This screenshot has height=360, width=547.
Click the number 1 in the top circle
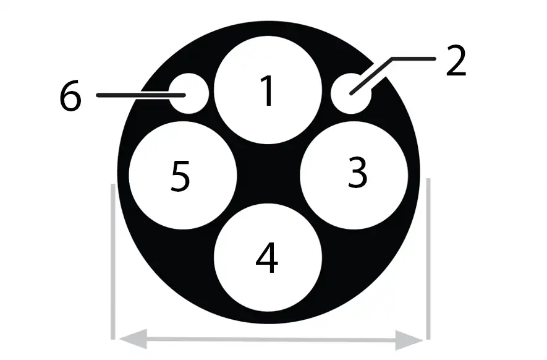(268, 91)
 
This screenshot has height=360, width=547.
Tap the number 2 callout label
(456, 61)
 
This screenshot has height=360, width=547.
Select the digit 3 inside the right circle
(358, 173)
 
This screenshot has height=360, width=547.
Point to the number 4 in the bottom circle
(267, 258)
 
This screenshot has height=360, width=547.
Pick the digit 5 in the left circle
(180, 176)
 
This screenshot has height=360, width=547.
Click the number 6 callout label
(70, 96)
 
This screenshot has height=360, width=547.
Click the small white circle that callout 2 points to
(351, 93)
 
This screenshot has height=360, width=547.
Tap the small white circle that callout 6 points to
(189, 93)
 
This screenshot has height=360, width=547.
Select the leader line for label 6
(140, 95)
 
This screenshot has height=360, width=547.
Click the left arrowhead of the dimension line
(133, 339)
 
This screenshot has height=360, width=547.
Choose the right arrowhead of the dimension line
(409, 340)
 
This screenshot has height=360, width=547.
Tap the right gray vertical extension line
(428, 259)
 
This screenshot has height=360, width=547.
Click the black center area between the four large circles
(268, 174)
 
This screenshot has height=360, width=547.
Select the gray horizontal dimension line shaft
(271, 339)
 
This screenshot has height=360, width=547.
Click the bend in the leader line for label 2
(392, 59)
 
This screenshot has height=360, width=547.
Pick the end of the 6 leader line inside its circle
(184, 95)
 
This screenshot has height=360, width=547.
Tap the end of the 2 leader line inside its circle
(351, 93)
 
